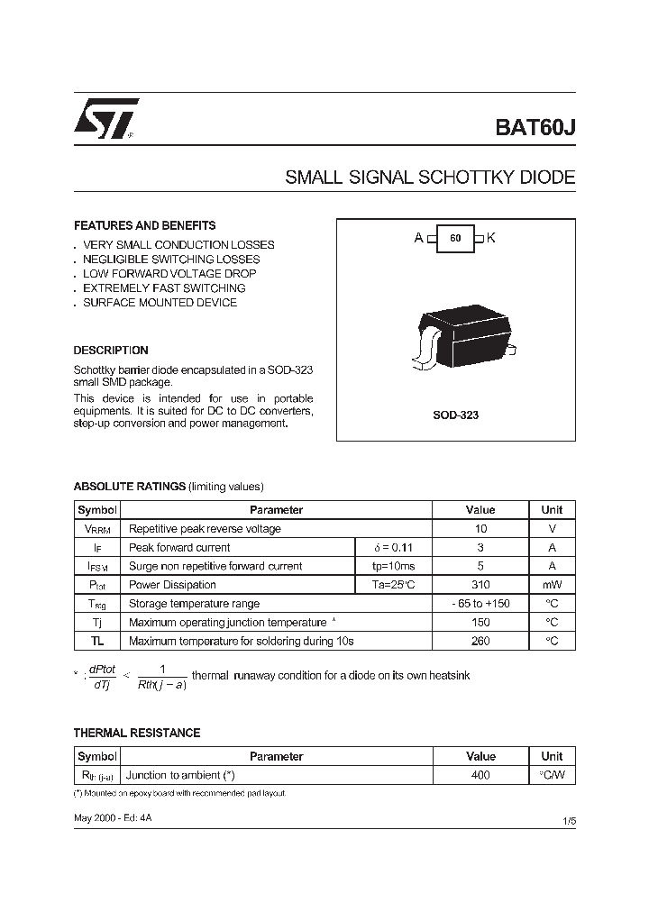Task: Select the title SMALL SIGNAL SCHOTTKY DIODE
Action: pyautogui.click(x=430, y=178)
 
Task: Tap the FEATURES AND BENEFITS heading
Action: pyautogui.click(x=144, y=225)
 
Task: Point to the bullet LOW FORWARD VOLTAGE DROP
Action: pyautogui.click(x=169, y=273)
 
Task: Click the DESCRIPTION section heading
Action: pyautogui.click(x=111, y=350)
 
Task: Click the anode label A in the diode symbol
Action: pyautogui.click(x=418, y=238)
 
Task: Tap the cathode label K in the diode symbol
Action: pyautogui.click(x=491, y=238)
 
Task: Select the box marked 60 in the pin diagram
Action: pyautogui.click(x=455, y=238)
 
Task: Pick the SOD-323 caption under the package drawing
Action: pyautogui.click(x=455, y=415)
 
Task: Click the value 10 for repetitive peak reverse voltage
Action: pyautogui.click(x=480, y=528)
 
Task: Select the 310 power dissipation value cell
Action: pyautogui.click(x=480, y=585)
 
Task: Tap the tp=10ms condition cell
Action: pyautogui.click(x=394, y=566)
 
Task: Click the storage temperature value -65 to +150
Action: pyautogui.click(x=480, y=604)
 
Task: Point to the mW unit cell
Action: pyautogui.click(x=552, y=585)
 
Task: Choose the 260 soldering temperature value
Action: pyautogui.click(x=480, y=641)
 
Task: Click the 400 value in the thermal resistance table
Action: pyautogui.click(x=480, y=775)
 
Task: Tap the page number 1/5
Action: pyautogui.click(x=568, y=821)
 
